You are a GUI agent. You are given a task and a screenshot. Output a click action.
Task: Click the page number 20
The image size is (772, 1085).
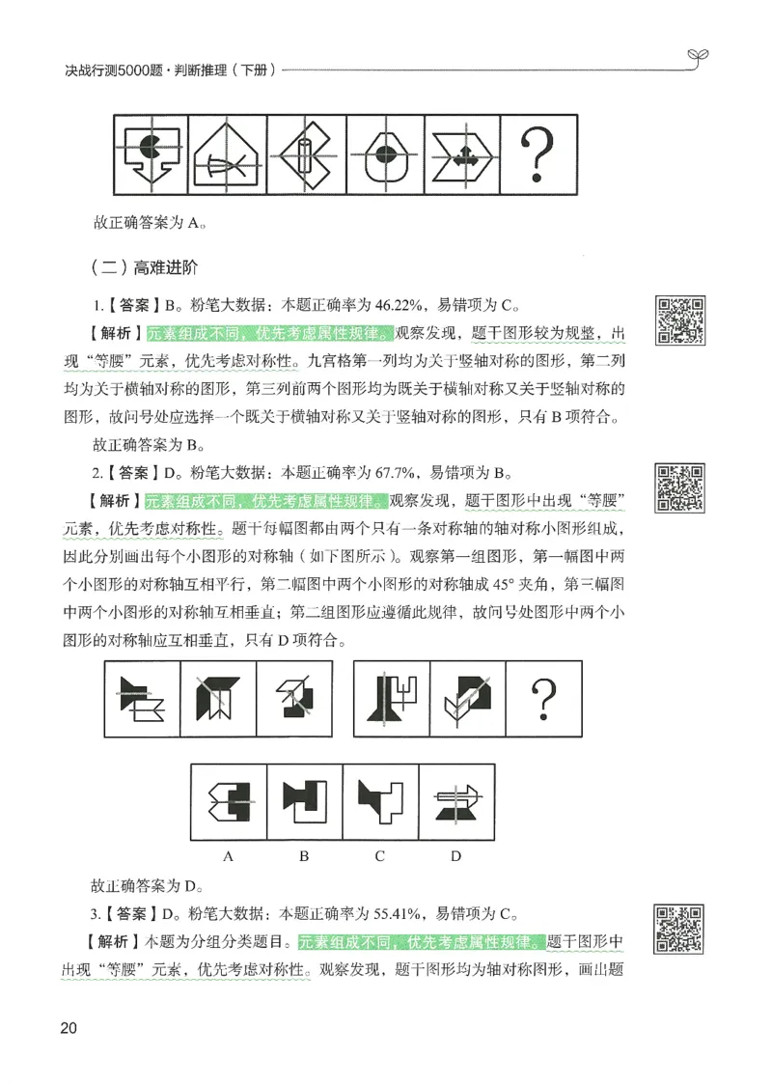coord(68,1026)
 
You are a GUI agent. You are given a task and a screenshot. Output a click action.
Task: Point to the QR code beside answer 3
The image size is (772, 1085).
coord(680,929)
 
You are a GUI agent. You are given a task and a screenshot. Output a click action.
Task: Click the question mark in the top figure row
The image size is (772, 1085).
coord(538,154)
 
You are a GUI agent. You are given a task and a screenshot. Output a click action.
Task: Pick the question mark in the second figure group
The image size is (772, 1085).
coord(546,698)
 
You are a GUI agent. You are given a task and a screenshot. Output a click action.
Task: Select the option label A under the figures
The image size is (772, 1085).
coord(230,855)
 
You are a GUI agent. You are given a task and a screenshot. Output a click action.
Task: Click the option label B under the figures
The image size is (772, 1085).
coord(304,855)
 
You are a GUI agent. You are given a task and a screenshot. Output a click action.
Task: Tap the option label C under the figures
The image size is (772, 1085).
coord(379,855)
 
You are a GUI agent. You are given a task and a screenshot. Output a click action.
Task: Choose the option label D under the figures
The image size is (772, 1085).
coord(455,855)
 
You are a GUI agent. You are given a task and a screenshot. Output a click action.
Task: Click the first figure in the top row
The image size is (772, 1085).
coord(152,154)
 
